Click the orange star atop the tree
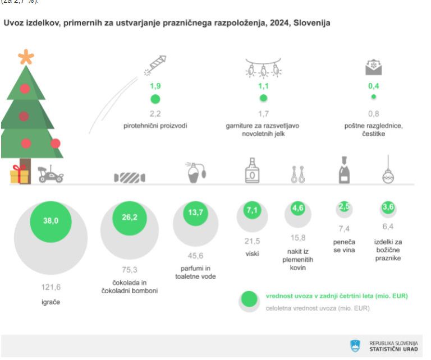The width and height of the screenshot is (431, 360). click(26, 56)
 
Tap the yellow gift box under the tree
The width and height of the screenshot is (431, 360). click(20, 174)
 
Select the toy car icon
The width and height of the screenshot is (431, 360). click(50, 174)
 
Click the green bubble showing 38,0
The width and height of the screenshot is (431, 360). click(51, 220)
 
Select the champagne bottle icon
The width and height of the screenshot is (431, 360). click(344, 169)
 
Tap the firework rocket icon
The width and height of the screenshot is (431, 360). click(155, 64)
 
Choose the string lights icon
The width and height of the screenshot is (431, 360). click(263, 69)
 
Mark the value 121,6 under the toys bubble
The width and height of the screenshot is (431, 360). click(51, 287)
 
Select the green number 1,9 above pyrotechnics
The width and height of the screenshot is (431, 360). click(155, 86)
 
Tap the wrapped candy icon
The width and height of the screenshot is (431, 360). click(130, 177)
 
